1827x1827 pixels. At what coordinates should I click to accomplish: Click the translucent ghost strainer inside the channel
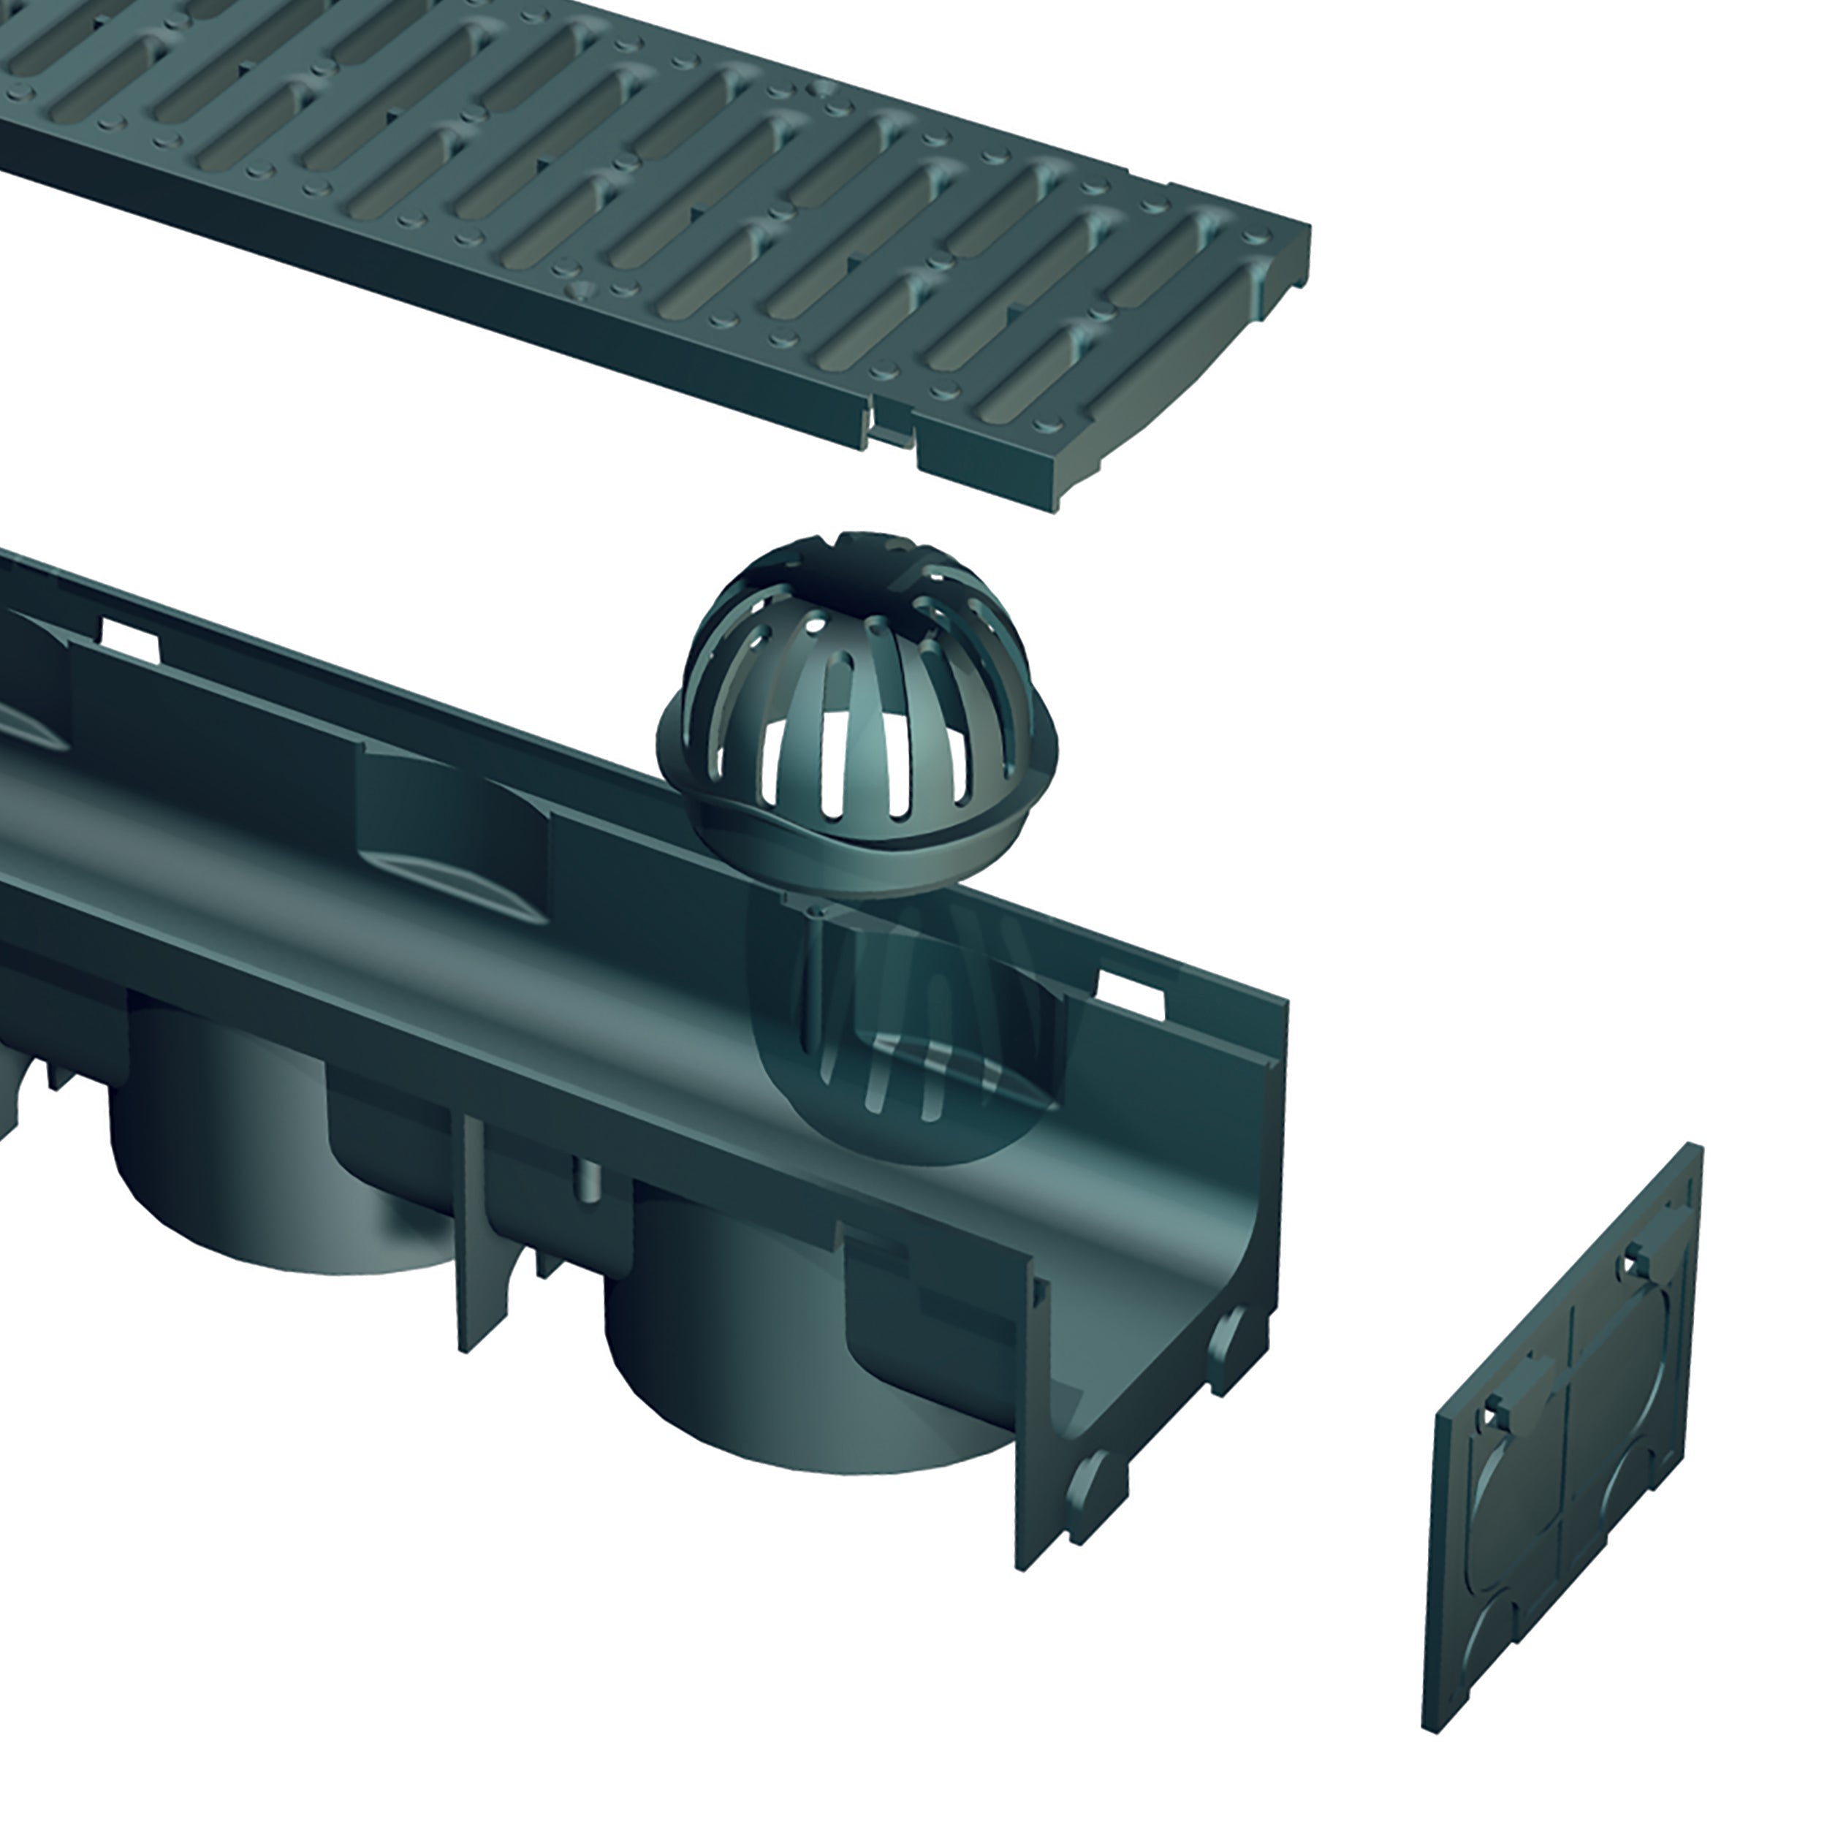(908, 1040)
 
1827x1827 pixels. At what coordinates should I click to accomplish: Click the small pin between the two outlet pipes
(588, 1180)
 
